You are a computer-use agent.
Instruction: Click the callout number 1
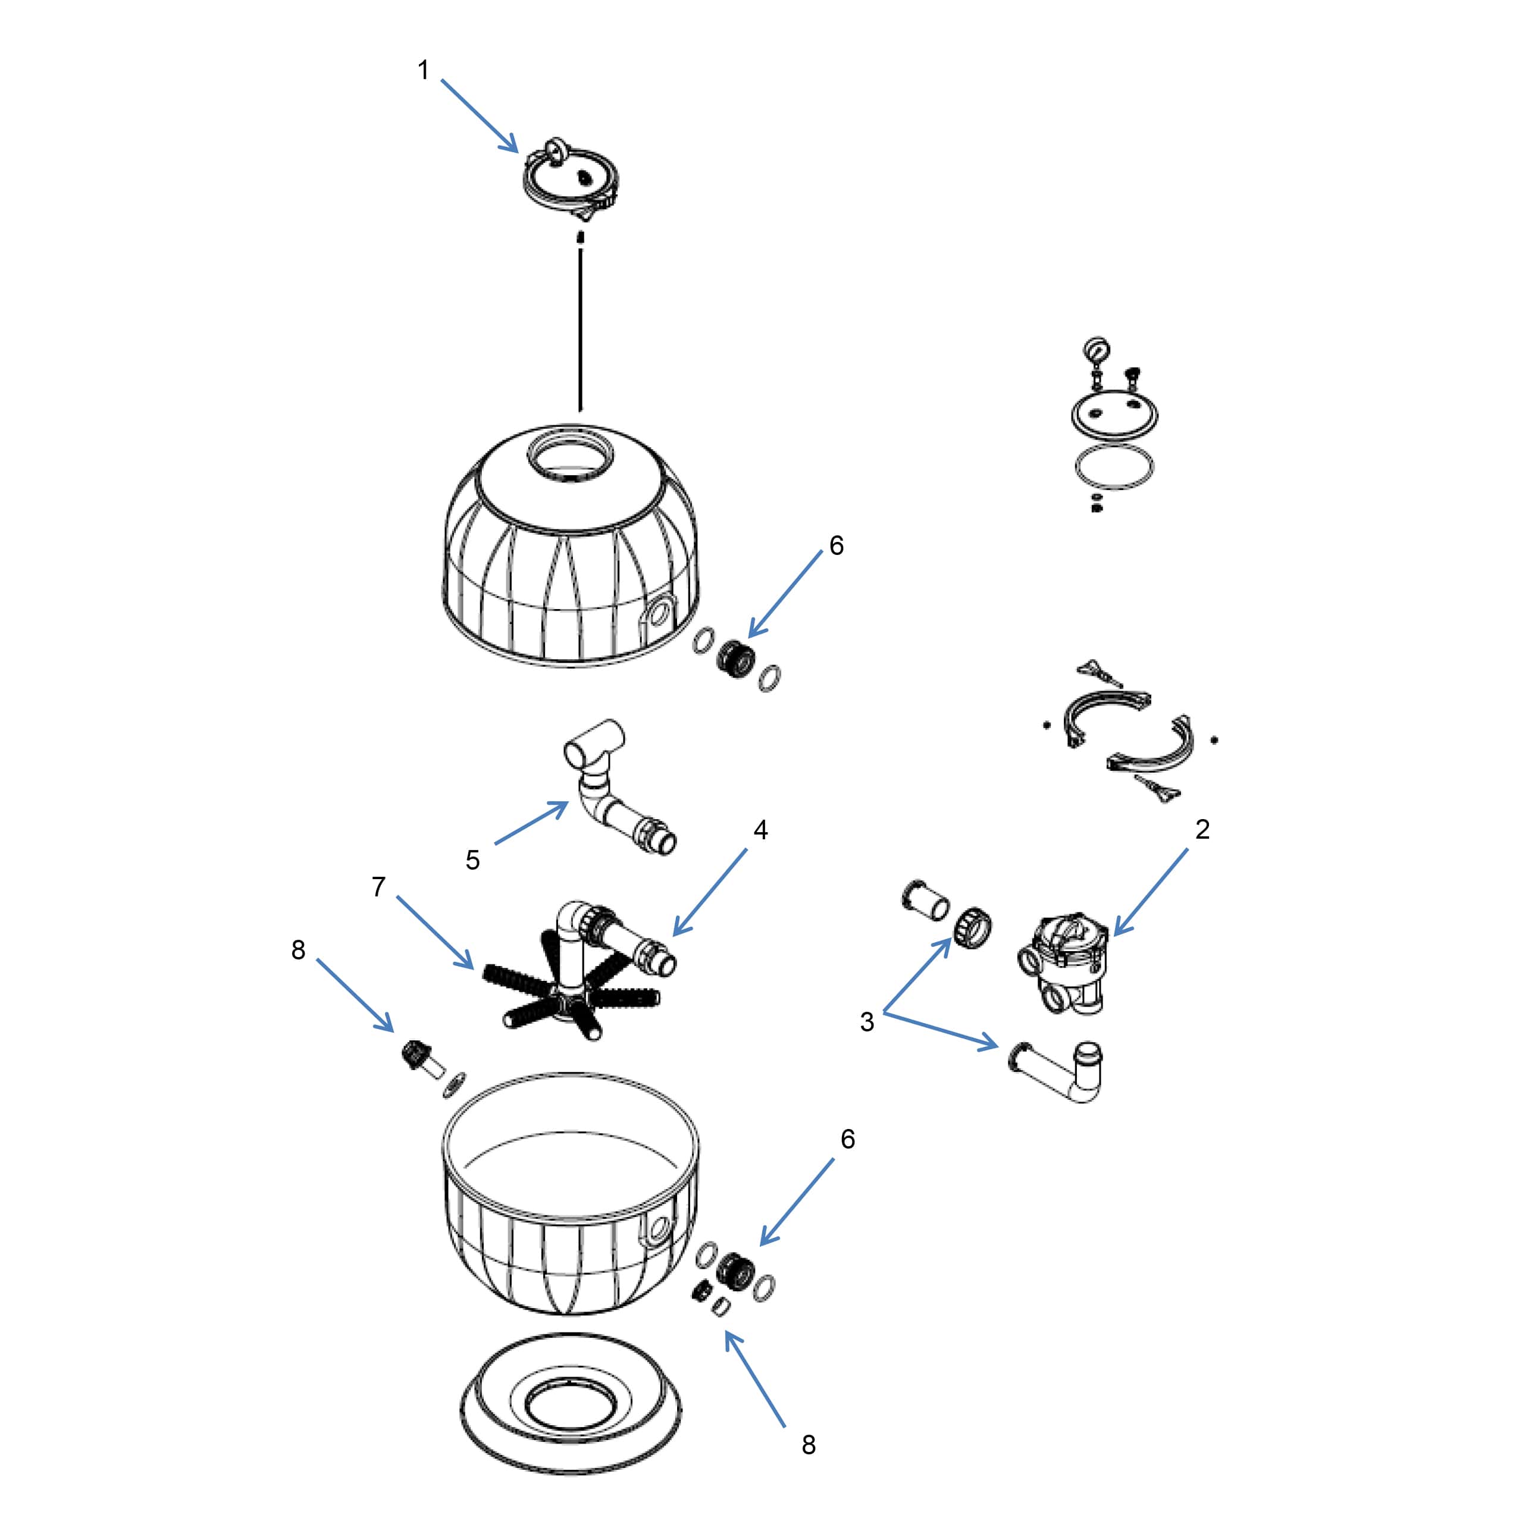pos(424,71)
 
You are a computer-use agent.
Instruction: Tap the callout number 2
pos(1202,829)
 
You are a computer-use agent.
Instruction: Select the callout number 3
pos(866,1022)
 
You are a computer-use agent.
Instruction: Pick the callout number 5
pos(472,860)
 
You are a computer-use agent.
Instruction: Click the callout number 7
pos(378,887)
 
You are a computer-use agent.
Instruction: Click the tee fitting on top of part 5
pos(595,743)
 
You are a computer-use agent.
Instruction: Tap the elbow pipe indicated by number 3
pos(1061,1072)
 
